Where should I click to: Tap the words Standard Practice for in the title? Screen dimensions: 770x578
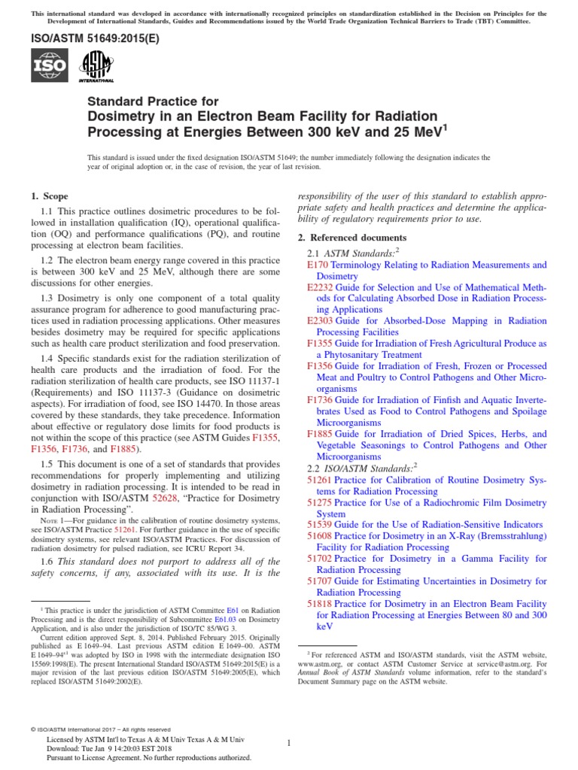coord(154,102)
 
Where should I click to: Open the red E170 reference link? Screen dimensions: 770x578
coord(318,265)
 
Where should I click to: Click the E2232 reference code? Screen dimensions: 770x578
coord(321,287)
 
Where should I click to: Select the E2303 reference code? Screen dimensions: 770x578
coord(321,320)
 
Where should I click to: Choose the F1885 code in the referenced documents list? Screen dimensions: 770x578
coord(320,434)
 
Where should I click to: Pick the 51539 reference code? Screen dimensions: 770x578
coord(321,524)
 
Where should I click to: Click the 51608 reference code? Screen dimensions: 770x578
coord(321,535)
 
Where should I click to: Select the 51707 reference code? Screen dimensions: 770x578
coord(321,581)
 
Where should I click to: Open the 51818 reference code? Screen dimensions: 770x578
coord(321,603)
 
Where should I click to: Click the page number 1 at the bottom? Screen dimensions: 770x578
coord(289,743)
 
